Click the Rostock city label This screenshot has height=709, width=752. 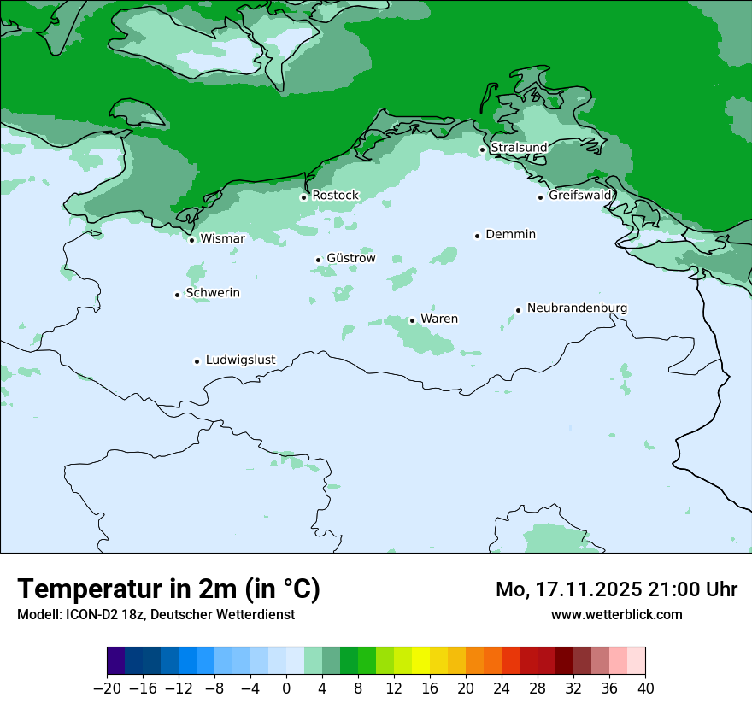pos(335,196)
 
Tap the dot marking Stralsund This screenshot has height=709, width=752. pos(482,149)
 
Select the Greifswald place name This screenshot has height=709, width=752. pos(580,196)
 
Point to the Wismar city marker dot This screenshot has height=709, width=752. pos(192,240)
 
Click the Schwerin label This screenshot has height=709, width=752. pos(213,293)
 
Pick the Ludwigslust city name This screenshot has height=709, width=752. pos(240,360)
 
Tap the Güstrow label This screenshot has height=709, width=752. pos(350,258)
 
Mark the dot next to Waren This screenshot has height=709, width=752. pos(412,320)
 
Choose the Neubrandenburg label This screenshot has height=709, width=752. pos(577,308)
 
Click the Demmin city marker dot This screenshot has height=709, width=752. pos(477,236)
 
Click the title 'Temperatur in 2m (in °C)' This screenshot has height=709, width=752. pos(169,589)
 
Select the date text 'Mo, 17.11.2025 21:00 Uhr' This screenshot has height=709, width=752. pos(616,589)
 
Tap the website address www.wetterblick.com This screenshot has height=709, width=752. pos(616,614)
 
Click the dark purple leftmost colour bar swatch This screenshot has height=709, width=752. pos(116,661)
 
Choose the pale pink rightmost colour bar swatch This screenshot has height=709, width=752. pos(637,661)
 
